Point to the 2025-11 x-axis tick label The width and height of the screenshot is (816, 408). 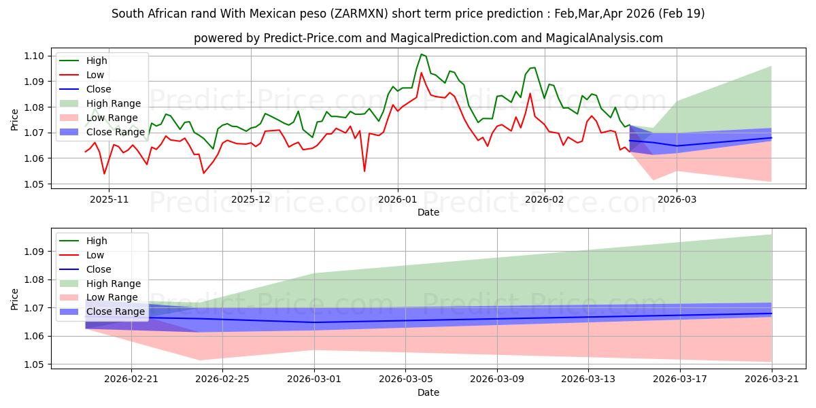tap(109, 199)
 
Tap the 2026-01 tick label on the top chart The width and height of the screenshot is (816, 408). tap(397, 199)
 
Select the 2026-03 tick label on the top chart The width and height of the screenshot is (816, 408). tap(677, 199)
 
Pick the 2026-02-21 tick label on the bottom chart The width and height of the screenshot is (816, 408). tap(131, 379)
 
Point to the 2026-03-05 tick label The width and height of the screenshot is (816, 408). tap(405, 379)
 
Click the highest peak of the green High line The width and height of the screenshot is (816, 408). tap(422, 54)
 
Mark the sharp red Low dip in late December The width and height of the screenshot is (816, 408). tap(364, 171)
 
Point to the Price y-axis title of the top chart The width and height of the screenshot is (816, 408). tap(15, 120)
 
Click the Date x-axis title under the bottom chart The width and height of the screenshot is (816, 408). tap(428, 392)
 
